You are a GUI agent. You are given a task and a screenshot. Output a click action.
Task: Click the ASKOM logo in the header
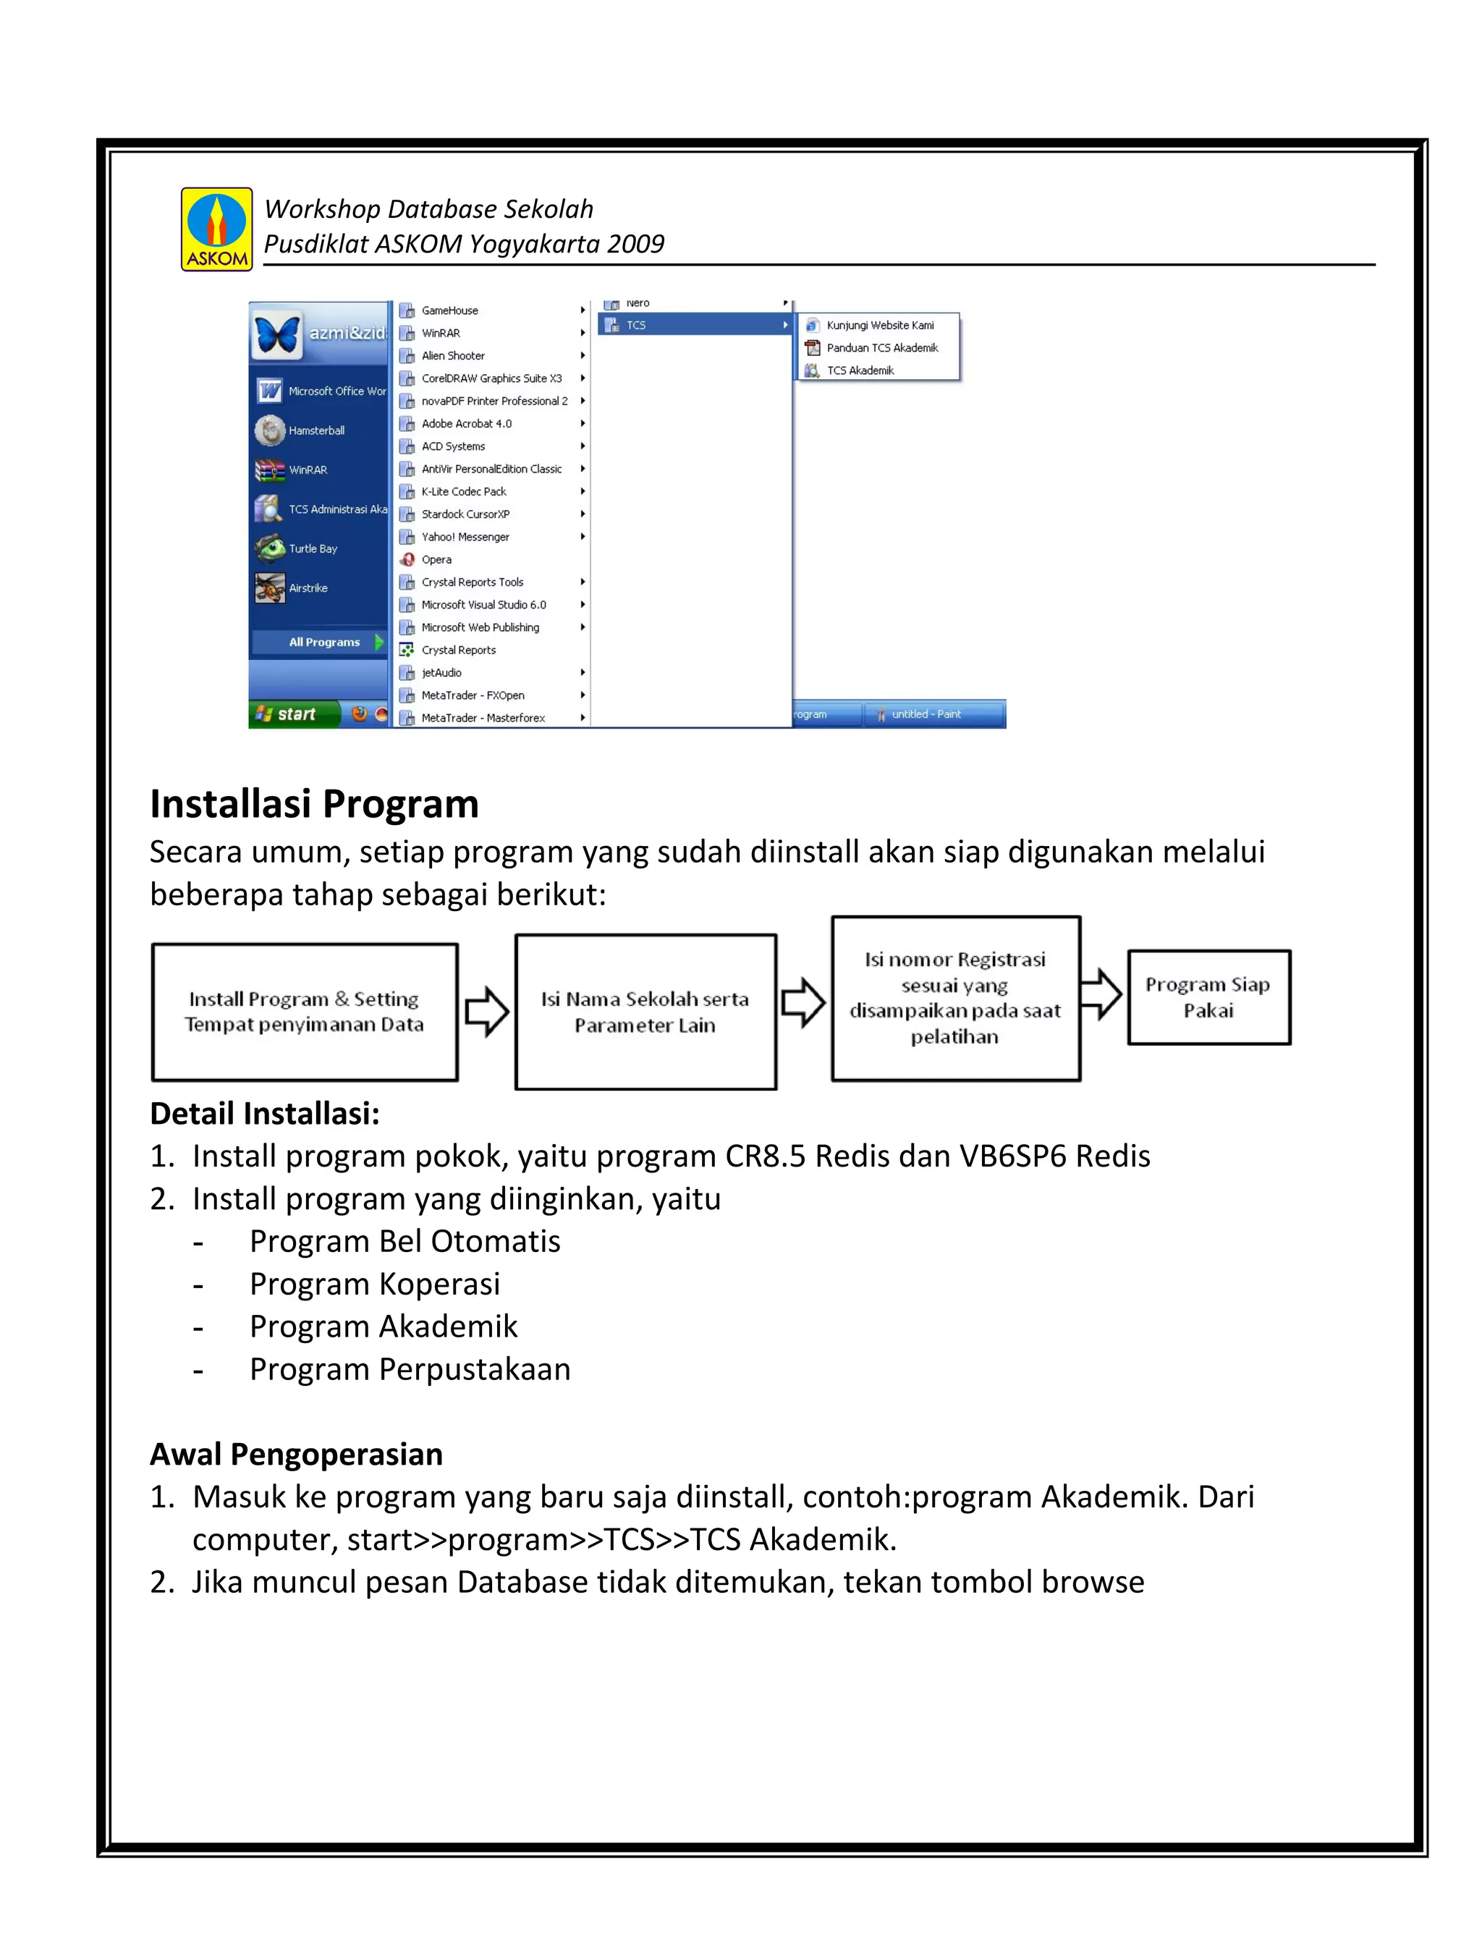click(x=216, y=229)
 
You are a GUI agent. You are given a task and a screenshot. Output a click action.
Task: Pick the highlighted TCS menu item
click(x=695, y=325)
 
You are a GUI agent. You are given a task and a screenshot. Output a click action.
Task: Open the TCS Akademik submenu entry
click(x=860, y=371)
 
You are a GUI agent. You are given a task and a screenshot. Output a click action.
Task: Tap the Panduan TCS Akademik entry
click(x=881, y=347)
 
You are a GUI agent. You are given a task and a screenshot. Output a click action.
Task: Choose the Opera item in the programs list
click(x=436, y=559)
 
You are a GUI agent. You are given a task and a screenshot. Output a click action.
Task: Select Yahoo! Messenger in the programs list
click(x=465, y=536)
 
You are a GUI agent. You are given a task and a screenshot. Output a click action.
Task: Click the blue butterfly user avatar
click(x=277, y=334)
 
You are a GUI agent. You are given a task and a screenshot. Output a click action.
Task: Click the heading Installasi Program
click(x=314, y=803)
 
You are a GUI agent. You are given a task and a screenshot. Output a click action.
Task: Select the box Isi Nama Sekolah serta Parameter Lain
click(x=645, y=1012)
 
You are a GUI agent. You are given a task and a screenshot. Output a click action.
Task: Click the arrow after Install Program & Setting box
click(x=486, y=1012)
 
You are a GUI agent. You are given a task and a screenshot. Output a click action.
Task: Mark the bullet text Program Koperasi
click(x=374, y=1284)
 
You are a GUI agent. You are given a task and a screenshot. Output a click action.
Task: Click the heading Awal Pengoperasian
click(x=297, y=1454)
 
